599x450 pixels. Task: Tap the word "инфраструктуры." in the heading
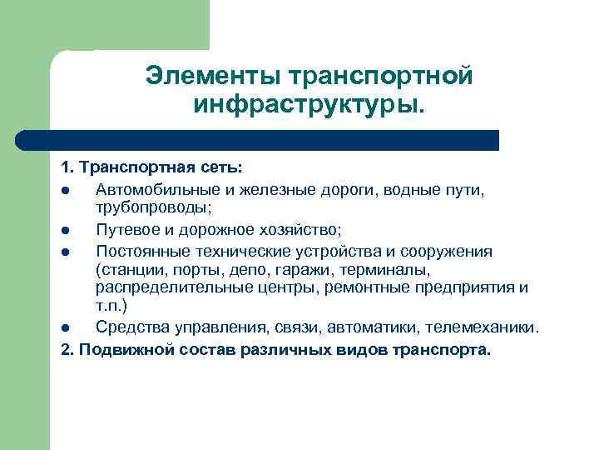coord(309,105)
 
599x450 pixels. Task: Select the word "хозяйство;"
coord(295,230)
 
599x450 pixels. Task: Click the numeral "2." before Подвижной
coord(69,349)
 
